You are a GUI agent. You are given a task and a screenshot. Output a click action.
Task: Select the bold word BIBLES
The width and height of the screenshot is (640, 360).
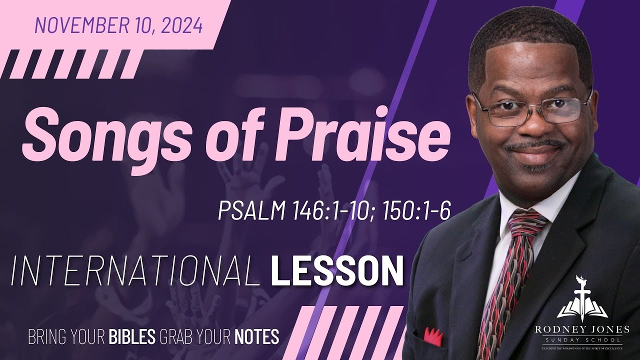click(132, 336)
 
